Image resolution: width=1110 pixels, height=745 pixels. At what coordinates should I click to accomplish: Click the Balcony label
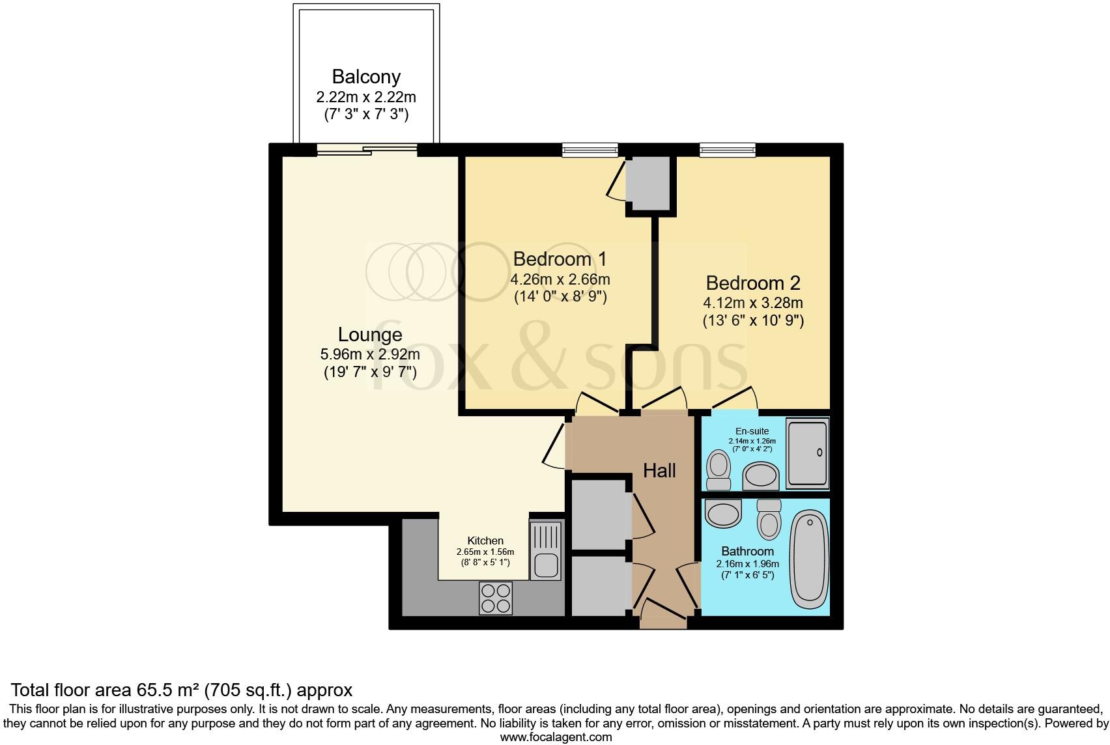point(366,77)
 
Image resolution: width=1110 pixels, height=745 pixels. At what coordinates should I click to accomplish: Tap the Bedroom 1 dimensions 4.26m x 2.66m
point(560,280)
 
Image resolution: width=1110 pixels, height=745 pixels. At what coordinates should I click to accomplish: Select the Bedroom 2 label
point(752,283)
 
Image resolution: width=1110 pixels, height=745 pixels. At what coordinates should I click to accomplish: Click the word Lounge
point(370,335)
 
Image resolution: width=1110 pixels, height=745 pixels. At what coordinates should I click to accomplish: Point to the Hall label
point(659,470)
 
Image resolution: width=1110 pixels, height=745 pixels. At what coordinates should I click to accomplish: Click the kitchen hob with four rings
point(495,598)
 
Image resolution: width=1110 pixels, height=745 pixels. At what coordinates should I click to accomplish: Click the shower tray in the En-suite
point(807,453)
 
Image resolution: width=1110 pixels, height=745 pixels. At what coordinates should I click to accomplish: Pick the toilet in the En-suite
point(719,471)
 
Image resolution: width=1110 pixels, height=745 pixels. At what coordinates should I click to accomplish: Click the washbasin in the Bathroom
point(724,514)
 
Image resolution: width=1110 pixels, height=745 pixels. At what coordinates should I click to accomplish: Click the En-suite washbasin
point(760,476)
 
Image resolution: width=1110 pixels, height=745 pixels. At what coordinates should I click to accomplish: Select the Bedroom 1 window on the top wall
point(590,150)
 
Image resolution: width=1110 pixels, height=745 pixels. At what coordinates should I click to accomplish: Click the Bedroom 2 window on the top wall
point(728,150)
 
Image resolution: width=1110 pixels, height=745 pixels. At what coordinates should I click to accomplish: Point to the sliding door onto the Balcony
point(367,150)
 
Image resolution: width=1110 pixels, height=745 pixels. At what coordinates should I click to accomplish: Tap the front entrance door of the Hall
point(663,615)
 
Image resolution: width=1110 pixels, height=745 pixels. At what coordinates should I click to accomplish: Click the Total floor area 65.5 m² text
point(182,690)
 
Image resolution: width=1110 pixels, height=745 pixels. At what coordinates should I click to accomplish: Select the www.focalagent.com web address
point(556,737)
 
